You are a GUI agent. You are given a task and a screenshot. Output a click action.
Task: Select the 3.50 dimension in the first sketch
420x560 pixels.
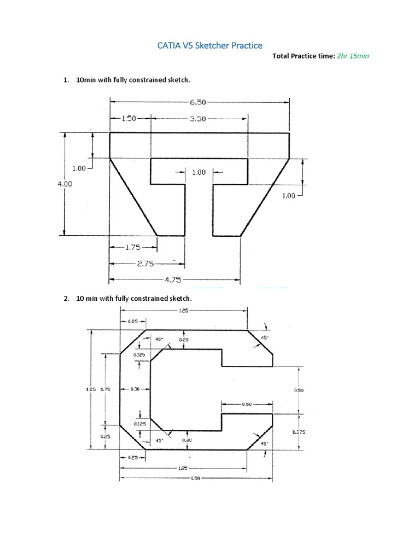197,118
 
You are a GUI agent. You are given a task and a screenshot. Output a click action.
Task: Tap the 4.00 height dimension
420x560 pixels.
65,184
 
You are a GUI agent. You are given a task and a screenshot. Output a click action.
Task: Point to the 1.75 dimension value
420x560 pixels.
133,247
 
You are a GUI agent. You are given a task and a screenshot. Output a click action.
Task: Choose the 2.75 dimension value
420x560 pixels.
146,264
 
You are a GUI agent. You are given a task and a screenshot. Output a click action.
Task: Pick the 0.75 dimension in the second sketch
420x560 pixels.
106,389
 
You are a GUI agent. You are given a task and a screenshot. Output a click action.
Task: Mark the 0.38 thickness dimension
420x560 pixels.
136,389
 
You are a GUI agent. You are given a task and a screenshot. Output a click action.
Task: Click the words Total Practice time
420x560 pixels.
303,56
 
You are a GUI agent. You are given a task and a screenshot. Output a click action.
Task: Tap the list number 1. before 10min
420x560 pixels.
66,80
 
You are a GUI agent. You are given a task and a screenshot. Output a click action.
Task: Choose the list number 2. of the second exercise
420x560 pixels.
66,299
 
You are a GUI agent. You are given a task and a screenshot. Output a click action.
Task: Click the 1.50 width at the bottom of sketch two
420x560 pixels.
196,477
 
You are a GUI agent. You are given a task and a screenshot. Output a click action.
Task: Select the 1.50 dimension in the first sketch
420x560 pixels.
128,118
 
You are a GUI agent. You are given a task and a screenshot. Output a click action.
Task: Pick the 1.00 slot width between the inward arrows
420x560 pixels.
199,172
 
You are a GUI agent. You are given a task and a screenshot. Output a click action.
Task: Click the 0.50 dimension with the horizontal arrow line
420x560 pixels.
246,405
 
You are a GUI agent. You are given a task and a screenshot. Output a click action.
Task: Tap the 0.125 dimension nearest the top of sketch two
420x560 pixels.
139,355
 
